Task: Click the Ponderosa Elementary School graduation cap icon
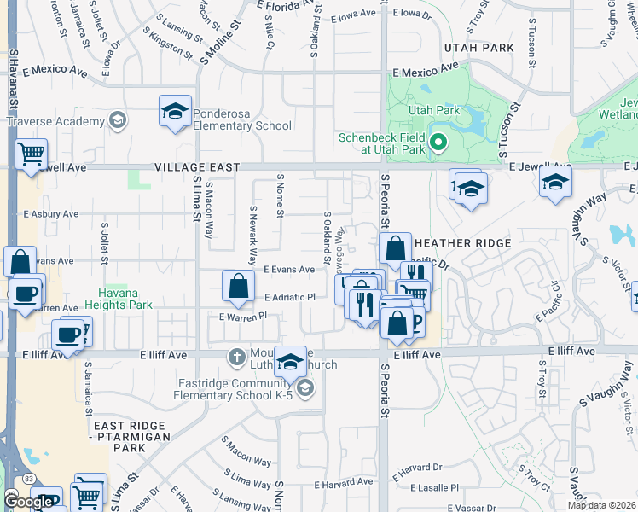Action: (x=175, y=113)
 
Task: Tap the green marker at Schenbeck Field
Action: (x=438, y=143)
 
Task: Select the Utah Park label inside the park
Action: (x=434, y=110)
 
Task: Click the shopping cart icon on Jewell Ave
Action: (x=31, y=155)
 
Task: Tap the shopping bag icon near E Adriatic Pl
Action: (x=239, y=287)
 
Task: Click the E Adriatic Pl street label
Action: (x=290, y=297)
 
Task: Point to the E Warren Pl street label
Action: (x=243, y=317)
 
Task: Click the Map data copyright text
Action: (x=601, y=505)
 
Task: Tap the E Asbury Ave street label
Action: (x=50, y=214)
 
